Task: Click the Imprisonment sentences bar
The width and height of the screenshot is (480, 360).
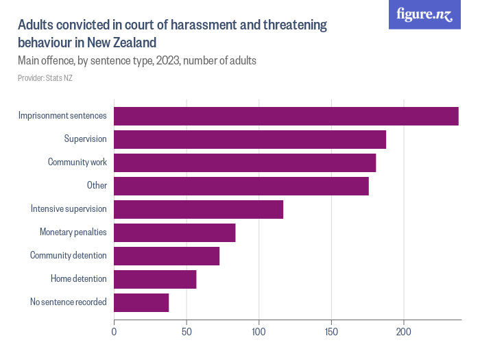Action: coord(286,116)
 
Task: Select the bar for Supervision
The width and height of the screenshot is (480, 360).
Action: coord(250,139)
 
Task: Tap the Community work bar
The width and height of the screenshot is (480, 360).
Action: coord(245,163)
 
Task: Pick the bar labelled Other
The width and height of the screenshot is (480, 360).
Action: coord(241,186)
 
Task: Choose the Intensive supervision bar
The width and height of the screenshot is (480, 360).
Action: coord(198,209)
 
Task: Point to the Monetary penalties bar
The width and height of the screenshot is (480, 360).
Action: coord(175,232)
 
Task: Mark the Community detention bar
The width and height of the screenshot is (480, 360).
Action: coord(167,256)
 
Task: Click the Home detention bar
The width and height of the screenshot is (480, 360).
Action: coord(155,279)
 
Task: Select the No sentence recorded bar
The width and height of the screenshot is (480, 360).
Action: coord(141,302)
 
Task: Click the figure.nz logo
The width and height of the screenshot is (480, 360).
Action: coord(425,15)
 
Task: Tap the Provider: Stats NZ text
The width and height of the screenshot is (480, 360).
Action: coord(45,78)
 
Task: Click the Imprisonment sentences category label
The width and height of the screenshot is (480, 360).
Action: coord(62,116)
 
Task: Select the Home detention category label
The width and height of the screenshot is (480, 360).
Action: coord(79,279)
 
